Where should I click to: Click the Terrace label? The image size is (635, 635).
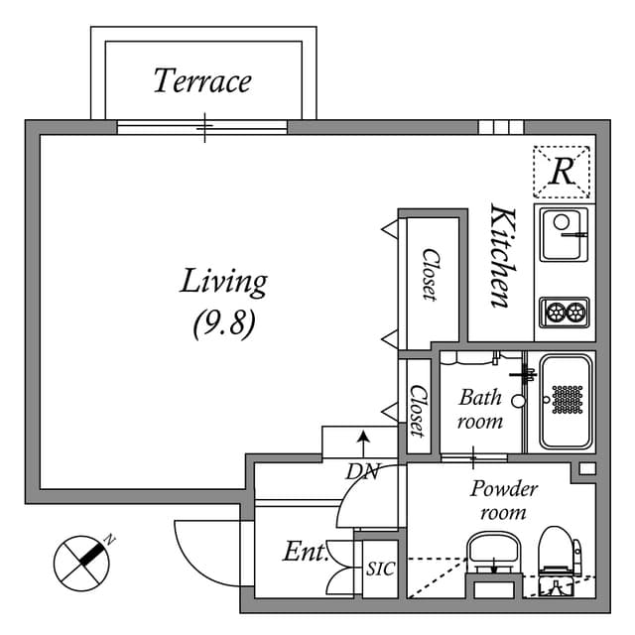[x=201, y=80]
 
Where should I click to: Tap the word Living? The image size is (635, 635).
[x=223, y=282]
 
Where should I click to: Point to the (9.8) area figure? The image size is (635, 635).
[x=223, y=323]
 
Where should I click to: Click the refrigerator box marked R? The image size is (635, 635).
[x=562, y=172]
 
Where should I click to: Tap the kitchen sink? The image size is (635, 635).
[x=565, y=233]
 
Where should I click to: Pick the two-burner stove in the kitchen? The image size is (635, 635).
[x=565, y=313]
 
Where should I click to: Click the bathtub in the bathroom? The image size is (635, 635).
[x=566, y=401]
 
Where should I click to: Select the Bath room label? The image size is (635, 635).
[x=480, y=409]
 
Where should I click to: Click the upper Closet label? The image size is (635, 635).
[x=430, y=273]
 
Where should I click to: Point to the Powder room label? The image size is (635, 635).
[x=503, y=500]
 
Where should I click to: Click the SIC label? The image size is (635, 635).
[x=379, y=571]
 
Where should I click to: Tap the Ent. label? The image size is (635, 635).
[x=305, y=552]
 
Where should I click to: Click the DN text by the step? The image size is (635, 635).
[x=362, y=472]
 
